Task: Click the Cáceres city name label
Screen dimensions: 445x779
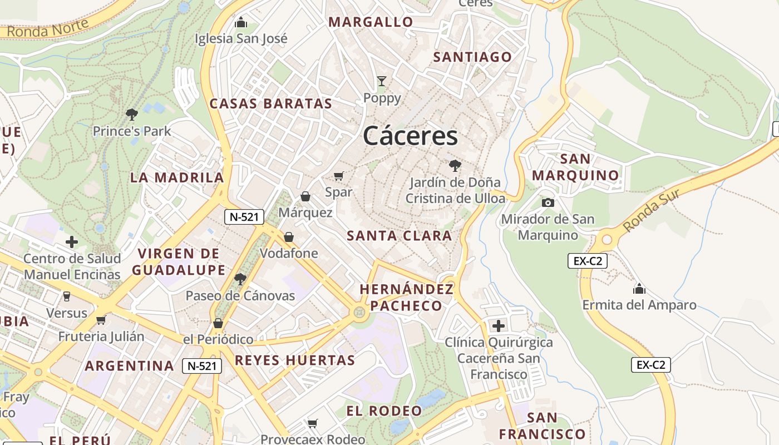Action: coord(411,136)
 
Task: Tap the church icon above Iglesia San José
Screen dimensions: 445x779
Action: coord(241,22)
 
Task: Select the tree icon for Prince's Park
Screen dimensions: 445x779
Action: coord(132,115)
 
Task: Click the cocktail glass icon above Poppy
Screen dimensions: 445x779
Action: coord(382,81)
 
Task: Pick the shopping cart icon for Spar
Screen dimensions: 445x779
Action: coord(338,176)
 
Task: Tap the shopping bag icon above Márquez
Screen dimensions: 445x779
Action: coord(305,196)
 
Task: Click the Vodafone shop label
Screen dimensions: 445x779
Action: coord(289,253)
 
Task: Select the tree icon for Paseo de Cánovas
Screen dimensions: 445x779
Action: coord(240,279)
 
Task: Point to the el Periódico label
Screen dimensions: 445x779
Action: coord(218,339)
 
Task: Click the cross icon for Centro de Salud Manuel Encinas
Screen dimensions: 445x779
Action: coord(72,242)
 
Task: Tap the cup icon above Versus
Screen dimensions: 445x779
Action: coord(67,296)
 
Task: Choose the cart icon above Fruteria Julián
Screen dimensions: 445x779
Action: coord(101,320)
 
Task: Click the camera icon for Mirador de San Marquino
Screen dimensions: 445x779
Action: coord(548,202)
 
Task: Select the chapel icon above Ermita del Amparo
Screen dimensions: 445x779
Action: coord(639,289)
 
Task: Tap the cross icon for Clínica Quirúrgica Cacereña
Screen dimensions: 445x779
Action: coord(499,325)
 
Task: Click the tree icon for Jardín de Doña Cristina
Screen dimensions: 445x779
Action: coord(455,165)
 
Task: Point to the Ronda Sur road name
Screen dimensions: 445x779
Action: coord(652,211)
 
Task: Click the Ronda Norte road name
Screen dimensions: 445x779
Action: coord(48,28)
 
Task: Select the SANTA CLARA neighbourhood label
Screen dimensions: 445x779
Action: coord(400,236)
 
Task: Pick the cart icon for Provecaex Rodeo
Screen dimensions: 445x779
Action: coord(313,423)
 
